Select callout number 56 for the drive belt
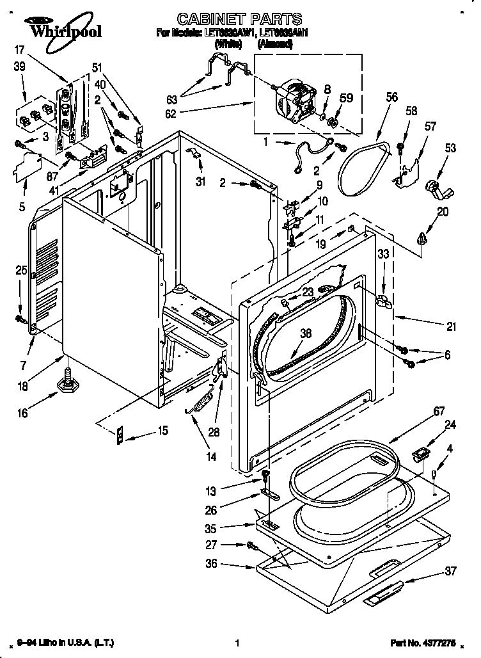391,97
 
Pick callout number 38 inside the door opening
306,332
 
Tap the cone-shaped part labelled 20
421,239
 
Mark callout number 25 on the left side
20,270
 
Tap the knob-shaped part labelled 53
440,189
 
